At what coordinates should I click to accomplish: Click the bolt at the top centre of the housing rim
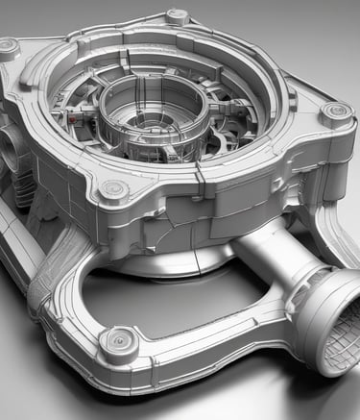click(177, 16)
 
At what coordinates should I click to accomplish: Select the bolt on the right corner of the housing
click(335, 113)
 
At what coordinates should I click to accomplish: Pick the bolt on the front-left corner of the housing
click(113, 189)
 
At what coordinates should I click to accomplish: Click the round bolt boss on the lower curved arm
click(119, 339)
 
